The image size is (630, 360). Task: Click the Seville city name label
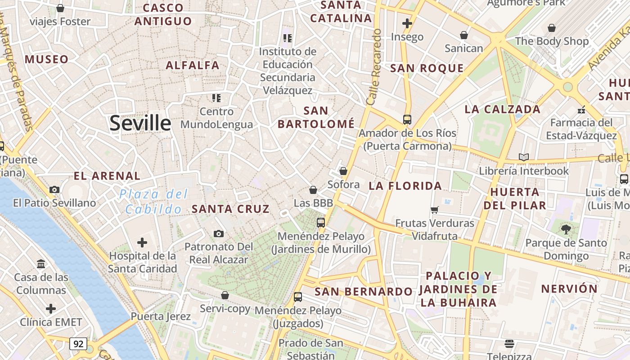click(140, 123)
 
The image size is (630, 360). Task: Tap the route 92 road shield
click(78, 344)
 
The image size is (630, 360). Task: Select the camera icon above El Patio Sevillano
click(54, 189)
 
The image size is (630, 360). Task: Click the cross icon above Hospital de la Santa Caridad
click(142, 243)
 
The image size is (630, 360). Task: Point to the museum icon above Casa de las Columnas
click(41, 264)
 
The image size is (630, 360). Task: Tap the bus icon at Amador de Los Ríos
click(407, 120)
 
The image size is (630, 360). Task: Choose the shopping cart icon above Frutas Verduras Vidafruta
click(435, 210)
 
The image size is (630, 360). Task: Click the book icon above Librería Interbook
click(523, 157)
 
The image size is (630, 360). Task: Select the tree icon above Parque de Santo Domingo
click(566, 229)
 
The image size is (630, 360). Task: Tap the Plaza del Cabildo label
click(153, 202)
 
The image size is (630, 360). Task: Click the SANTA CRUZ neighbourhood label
click(230, 209)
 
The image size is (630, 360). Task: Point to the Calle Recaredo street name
click(374, 67)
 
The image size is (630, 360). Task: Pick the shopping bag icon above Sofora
click(343, 171)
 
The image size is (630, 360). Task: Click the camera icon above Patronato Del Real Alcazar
click(219, 234)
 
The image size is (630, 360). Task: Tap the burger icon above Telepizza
click(509, 344)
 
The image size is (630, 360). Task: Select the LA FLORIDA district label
click(405, 185)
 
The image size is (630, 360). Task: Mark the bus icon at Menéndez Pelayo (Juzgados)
click(298, 297)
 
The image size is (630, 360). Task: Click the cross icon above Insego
click(407, 23)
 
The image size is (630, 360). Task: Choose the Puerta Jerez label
click(161, 316)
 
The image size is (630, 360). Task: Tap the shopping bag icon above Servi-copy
click(225, 295)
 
